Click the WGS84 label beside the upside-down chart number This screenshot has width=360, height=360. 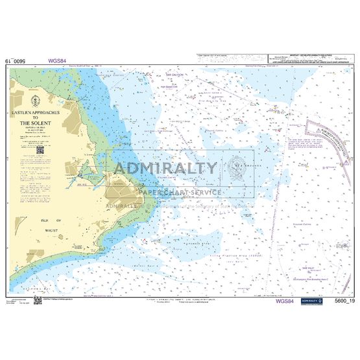pyautogui.click(x=56, y=62)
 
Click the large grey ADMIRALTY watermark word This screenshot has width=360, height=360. pyautogui.click(x=166, y=169)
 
